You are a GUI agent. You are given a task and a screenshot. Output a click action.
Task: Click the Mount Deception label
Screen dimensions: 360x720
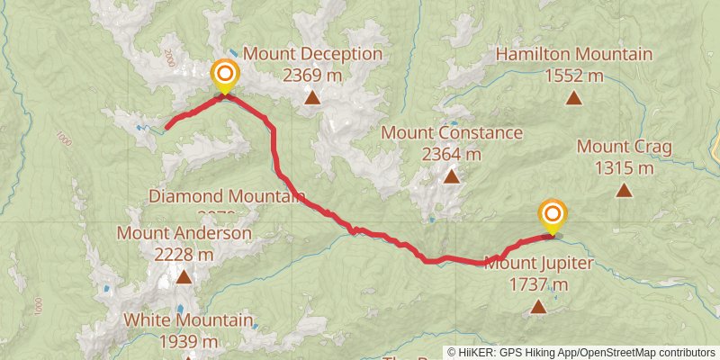312,54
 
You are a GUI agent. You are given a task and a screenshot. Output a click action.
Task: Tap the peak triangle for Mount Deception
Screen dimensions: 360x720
312,97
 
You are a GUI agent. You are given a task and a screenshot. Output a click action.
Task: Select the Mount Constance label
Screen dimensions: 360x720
452,133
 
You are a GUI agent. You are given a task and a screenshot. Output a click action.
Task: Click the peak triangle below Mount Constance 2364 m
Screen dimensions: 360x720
451,176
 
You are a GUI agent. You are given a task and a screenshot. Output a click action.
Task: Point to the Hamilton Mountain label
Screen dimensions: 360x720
573,55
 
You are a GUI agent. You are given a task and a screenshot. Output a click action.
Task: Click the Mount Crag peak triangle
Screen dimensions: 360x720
624,190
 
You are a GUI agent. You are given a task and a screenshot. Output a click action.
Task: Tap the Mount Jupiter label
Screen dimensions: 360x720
538,264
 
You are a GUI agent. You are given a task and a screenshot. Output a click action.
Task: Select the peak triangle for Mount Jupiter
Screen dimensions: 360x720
538,307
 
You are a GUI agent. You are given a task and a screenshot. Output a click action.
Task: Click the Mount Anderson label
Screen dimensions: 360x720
184,234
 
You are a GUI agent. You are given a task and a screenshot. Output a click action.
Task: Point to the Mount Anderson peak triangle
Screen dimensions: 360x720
184,277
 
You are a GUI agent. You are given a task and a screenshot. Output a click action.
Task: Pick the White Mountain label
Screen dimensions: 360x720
187,319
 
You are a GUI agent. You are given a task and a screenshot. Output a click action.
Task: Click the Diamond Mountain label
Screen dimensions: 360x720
227,195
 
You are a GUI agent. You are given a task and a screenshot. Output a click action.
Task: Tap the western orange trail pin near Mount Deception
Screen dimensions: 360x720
224,75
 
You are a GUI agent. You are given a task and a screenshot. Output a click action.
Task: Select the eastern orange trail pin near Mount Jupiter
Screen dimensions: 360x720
553,215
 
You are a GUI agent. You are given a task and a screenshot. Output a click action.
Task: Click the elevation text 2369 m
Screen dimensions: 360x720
312,76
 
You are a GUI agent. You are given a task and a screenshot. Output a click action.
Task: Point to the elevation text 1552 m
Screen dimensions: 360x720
573,76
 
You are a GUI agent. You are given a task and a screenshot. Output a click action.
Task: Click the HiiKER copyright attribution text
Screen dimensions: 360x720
580,352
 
